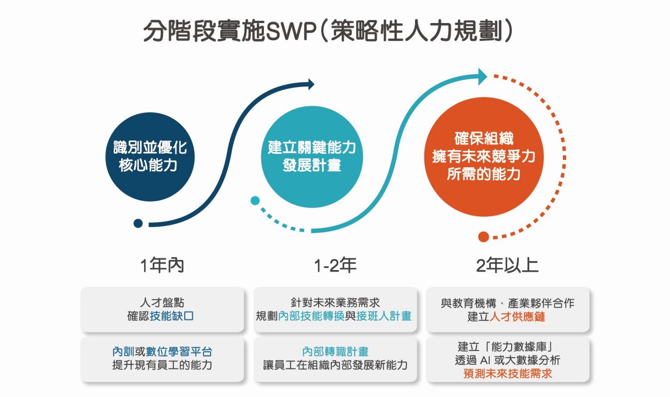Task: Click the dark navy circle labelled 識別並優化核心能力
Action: (x=150, y=157)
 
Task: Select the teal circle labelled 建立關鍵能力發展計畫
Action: (x=312, y=157)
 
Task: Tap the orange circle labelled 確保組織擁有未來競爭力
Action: (x=484, y=157)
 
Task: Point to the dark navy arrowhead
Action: (x=311, y=84)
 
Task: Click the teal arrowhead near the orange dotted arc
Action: (x=483, y=77)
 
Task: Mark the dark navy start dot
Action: (x=138, y=223)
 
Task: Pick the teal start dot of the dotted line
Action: (x=255, y=201)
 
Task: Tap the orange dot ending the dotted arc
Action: (x=484, y=237)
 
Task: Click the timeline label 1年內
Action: (x=162, y=265)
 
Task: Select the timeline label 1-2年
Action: (x=335, y=265)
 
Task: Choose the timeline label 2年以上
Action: (x=507, y=265)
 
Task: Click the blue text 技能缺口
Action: (x=172, y=316)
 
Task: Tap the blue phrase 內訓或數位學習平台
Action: (x=162, y=351)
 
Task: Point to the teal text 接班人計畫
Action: (x=384, y=316)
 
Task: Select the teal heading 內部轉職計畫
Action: (x=335, y=351)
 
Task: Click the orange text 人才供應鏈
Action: (x=517, y=317)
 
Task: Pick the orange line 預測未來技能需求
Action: (x=508, y=374)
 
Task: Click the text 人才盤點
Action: (x=162, y=302)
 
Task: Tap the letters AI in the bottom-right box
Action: (x=485, y=360)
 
